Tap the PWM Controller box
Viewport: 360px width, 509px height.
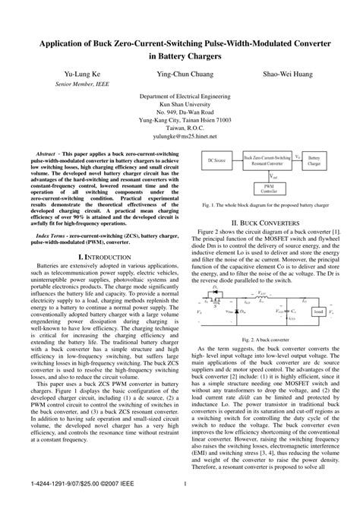pyautogui.click(x=269, y=189)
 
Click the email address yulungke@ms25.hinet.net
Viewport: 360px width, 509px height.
pyautogui.click(x=180, y=138)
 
